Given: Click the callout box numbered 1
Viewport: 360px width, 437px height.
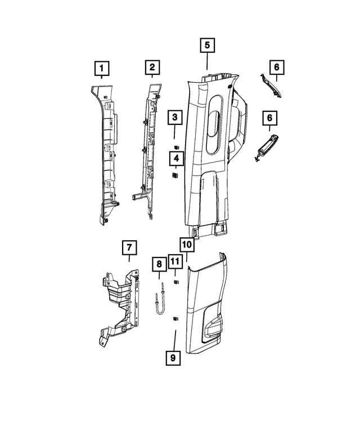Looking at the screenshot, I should pyautogui.click(x=102, y=69).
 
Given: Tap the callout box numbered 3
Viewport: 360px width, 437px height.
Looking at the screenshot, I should pyautogui.click(x=175, y=118).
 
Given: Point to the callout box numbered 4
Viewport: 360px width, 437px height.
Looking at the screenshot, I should pyautogui.click(x=175, y=159).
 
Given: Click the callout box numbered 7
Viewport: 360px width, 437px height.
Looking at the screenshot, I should pyautogui.click(x=128, y=247).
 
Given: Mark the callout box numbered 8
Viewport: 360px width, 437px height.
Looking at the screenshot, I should pyautogui.click(x=159, y=264).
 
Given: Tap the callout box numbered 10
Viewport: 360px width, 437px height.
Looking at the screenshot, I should pyautogui.click(x=187, y=245).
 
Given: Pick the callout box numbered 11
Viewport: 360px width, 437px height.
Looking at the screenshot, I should pyautogui.click(x=175, y=262).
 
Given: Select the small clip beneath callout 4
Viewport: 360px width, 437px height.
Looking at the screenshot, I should pyautogui.click(x=175, y=176).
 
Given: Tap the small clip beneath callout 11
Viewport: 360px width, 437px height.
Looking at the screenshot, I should pyautogui.click(x=175, y=282).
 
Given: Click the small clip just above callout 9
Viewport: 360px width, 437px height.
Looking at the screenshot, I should pyautogui.click(x=174, y=318).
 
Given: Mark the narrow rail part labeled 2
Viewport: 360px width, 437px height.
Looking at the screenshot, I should pyautogui.click(x=147, y=146).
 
